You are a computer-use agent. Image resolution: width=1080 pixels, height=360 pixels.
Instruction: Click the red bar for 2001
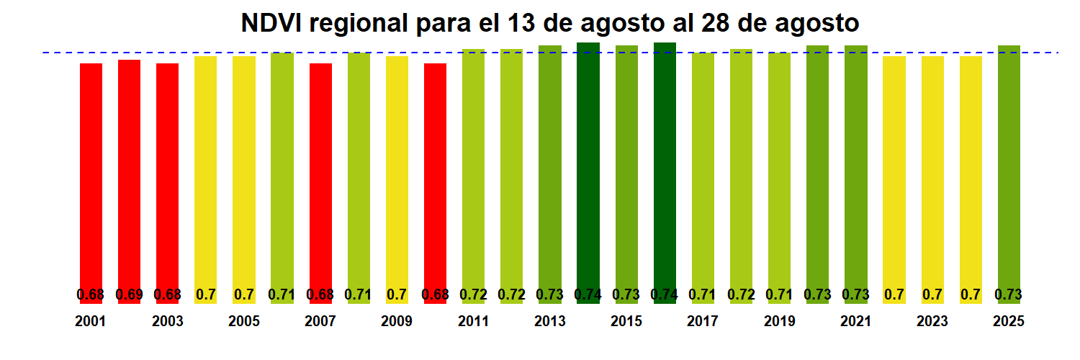pyautogui.click(x=91, y=180)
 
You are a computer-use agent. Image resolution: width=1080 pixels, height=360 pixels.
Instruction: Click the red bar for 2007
pyautogui.click(x=320, y=180)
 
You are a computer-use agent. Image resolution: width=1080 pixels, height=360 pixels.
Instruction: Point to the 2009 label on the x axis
pyautogui.click(x=397, y=321)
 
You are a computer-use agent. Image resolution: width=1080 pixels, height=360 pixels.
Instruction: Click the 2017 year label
pyautogui.click(x=703, y=321)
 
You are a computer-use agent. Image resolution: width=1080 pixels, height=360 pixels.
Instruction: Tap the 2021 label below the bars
pyautogui.click(x=855, y=321)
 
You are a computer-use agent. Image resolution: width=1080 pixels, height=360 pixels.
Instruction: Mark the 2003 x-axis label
pyautogui.click(x=167, y=321)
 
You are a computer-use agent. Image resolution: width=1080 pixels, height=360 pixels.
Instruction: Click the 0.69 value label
pyautogui.click(x=129, y=294)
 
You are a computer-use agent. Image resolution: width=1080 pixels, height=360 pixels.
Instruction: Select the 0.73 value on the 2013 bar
pyautogui.click(x=550, y=294)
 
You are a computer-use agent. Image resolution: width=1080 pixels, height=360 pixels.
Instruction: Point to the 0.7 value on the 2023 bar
pyautogui.click(x=932, y=294)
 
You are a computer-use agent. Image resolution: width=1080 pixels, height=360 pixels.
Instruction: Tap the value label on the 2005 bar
pyautogui.click(x=244, y=294)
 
